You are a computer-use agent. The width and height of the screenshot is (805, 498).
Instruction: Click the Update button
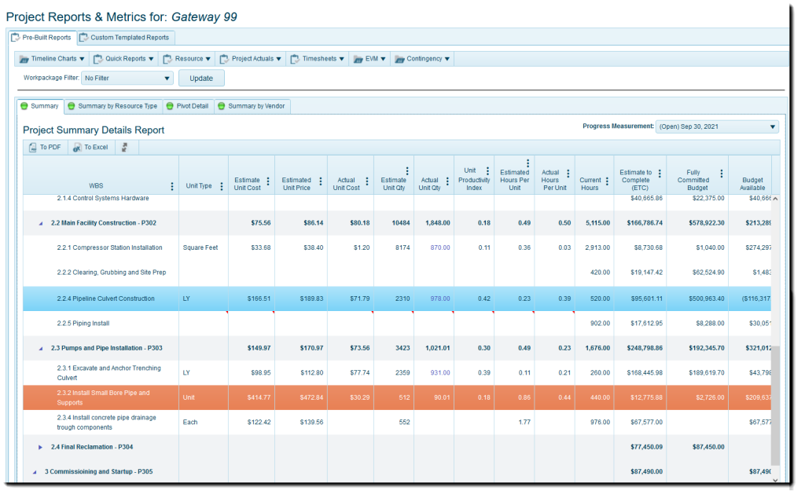tap(201, 78)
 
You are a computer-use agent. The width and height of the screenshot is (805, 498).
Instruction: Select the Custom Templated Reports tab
tap(126, 37)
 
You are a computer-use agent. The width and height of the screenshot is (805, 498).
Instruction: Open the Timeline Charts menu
tap(52, 59)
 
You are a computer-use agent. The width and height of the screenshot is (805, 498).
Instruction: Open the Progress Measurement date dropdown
tap(717, 126)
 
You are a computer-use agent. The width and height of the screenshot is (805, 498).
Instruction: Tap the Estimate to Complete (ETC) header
tap(635, 179)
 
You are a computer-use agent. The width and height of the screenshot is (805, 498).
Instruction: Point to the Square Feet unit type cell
tap(200, 247)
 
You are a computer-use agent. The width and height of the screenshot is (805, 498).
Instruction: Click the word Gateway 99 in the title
tap(203, 16)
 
